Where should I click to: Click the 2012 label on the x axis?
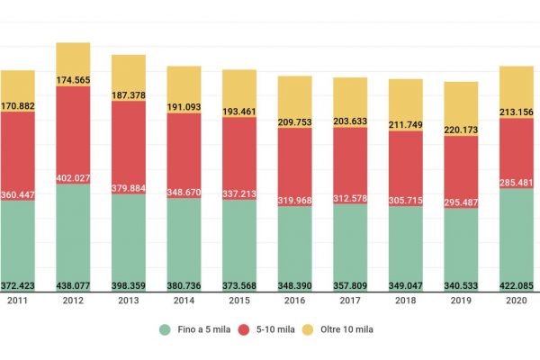[73, 301]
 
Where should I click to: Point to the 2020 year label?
[517, 301]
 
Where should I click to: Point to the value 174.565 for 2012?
[73, 80]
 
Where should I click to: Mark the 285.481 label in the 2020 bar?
[517, 183]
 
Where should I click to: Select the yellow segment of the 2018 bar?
[405, 97]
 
